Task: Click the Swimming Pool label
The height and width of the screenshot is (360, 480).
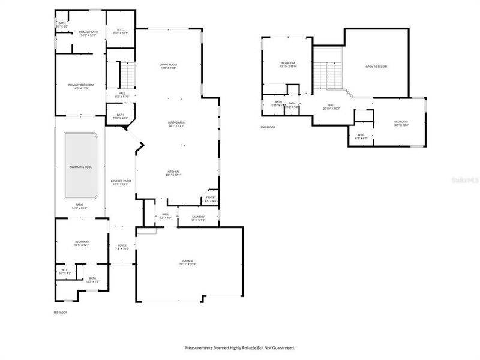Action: click(x=81, y=167)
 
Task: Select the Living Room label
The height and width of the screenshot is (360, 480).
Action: click(x=169, y=66)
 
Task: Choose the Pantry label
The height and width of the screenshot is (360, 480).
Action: click(x=211, y=199)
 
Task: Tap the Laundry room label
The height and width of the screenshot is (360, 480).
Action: click(x=199, y=217)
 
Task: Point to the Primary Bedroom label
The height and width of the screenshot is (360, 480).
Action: click(x=80, y=86)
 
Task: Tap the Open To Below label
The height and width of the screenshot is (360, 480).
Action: click(x=376, y=67)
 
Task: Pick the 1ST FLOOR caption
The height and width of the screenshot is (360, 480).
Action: click(x=61, y=313)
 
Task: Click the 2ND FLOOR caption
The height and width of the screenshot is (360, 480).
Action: click(x=268, y=127)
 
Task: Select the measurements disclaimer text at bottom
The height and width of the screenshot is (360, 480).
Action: click(x=239, y=347)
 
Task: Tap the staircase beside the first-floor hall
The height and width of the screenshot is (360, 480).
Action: click(x=127, y=75)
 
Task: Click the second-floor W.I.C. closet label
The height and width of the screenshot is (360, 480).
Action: click(x=362, y=136)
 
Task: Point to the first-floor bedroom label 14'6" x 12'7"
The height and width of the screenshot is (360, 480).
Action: click(x=82, y=243)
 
